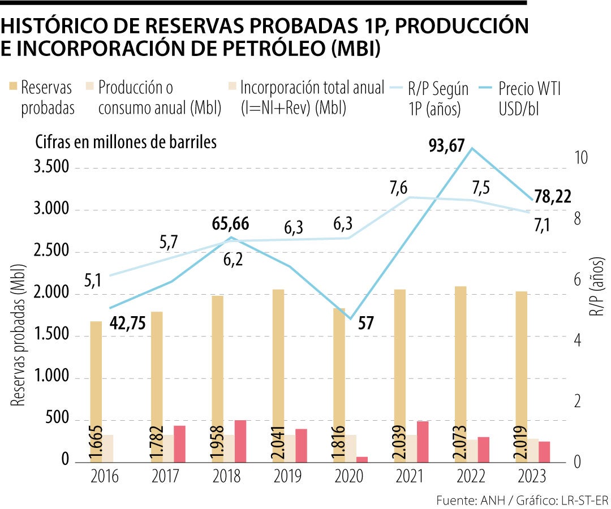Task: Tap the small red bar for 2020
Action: (x=362, y=459)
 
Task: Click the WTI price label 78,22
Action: (x=552, y=197)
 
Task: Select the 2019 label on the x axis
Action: (x=288, y=477)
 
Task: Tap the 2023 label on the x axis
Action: (x=532, y=477)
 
